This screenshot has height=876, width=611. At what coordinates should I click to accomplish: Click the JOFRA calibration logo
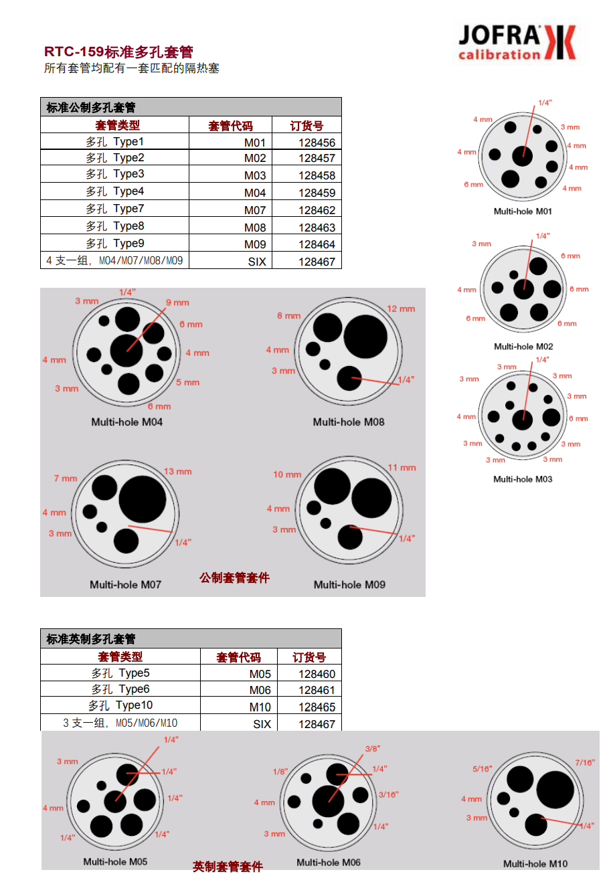point(516,42)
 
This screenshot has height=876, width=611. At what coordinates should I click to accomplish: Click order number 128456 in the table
point(317,143)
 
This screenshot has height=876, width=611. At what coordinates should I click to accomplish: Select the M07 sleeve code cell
point(255,210)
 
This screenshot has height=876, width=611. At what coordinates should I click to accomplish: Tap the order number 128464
point(317,244)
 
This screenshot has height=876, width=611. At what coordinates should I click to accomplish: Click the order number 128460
point(317,674)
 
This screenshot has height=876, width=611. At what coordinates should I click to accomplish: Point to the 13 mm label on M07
point(178,472)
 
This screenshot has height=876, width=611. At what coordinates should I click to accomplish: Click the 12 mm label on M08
point(401,309)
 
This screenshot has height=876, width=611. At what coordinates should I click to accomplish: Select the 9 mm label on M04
point(177,302)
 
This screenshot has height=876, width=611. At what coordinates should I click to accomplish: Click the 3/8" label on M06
point(373,748)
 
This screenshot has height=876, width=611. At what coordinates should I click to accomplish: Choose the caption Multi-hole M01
point(523,211)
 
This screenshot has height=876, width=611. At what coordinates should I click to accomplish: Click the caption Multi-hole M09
point(349,584)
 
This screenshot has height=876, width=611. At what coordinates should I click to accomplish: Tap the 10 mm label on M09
point(287,474)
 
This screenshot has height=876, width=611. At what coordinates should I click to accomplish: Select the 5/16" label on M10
point(482,769)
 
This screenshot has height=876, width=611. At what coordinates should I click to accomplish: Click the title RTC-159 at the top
point(74,52)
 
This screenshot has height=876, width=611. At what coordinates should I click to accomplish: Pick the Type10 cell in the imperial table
point(120,705)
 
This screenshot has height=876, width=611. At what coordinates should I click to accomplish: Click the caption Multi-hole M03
point(523,479)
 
